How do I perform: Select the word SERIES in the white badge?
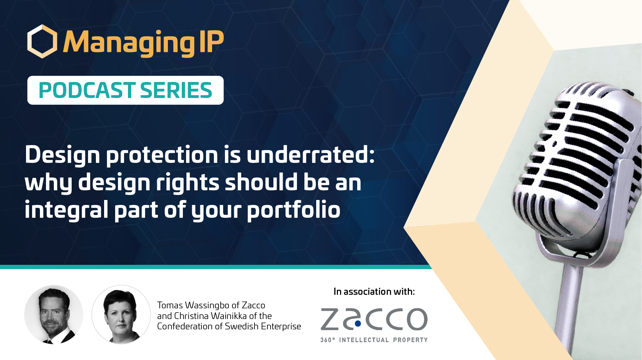tap(176, 90)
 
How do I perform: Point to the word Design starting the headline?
tap(62, 155)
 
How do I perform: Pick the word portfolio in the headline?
tap(294, 210)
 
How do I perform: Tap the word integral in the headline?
tap(66, 210)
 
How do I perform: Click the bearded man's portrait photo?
tap(54, 314)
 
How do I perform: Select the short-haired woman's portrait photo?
tap(121, 314)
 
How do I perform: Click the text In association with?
tap(374, 292)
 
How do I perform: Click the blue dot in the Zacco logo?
tap(358, 324)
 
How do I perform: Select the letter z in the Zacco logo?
tap(331, 319)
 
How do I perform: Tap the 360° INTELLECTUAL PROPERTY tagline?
tap(374, 340)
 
